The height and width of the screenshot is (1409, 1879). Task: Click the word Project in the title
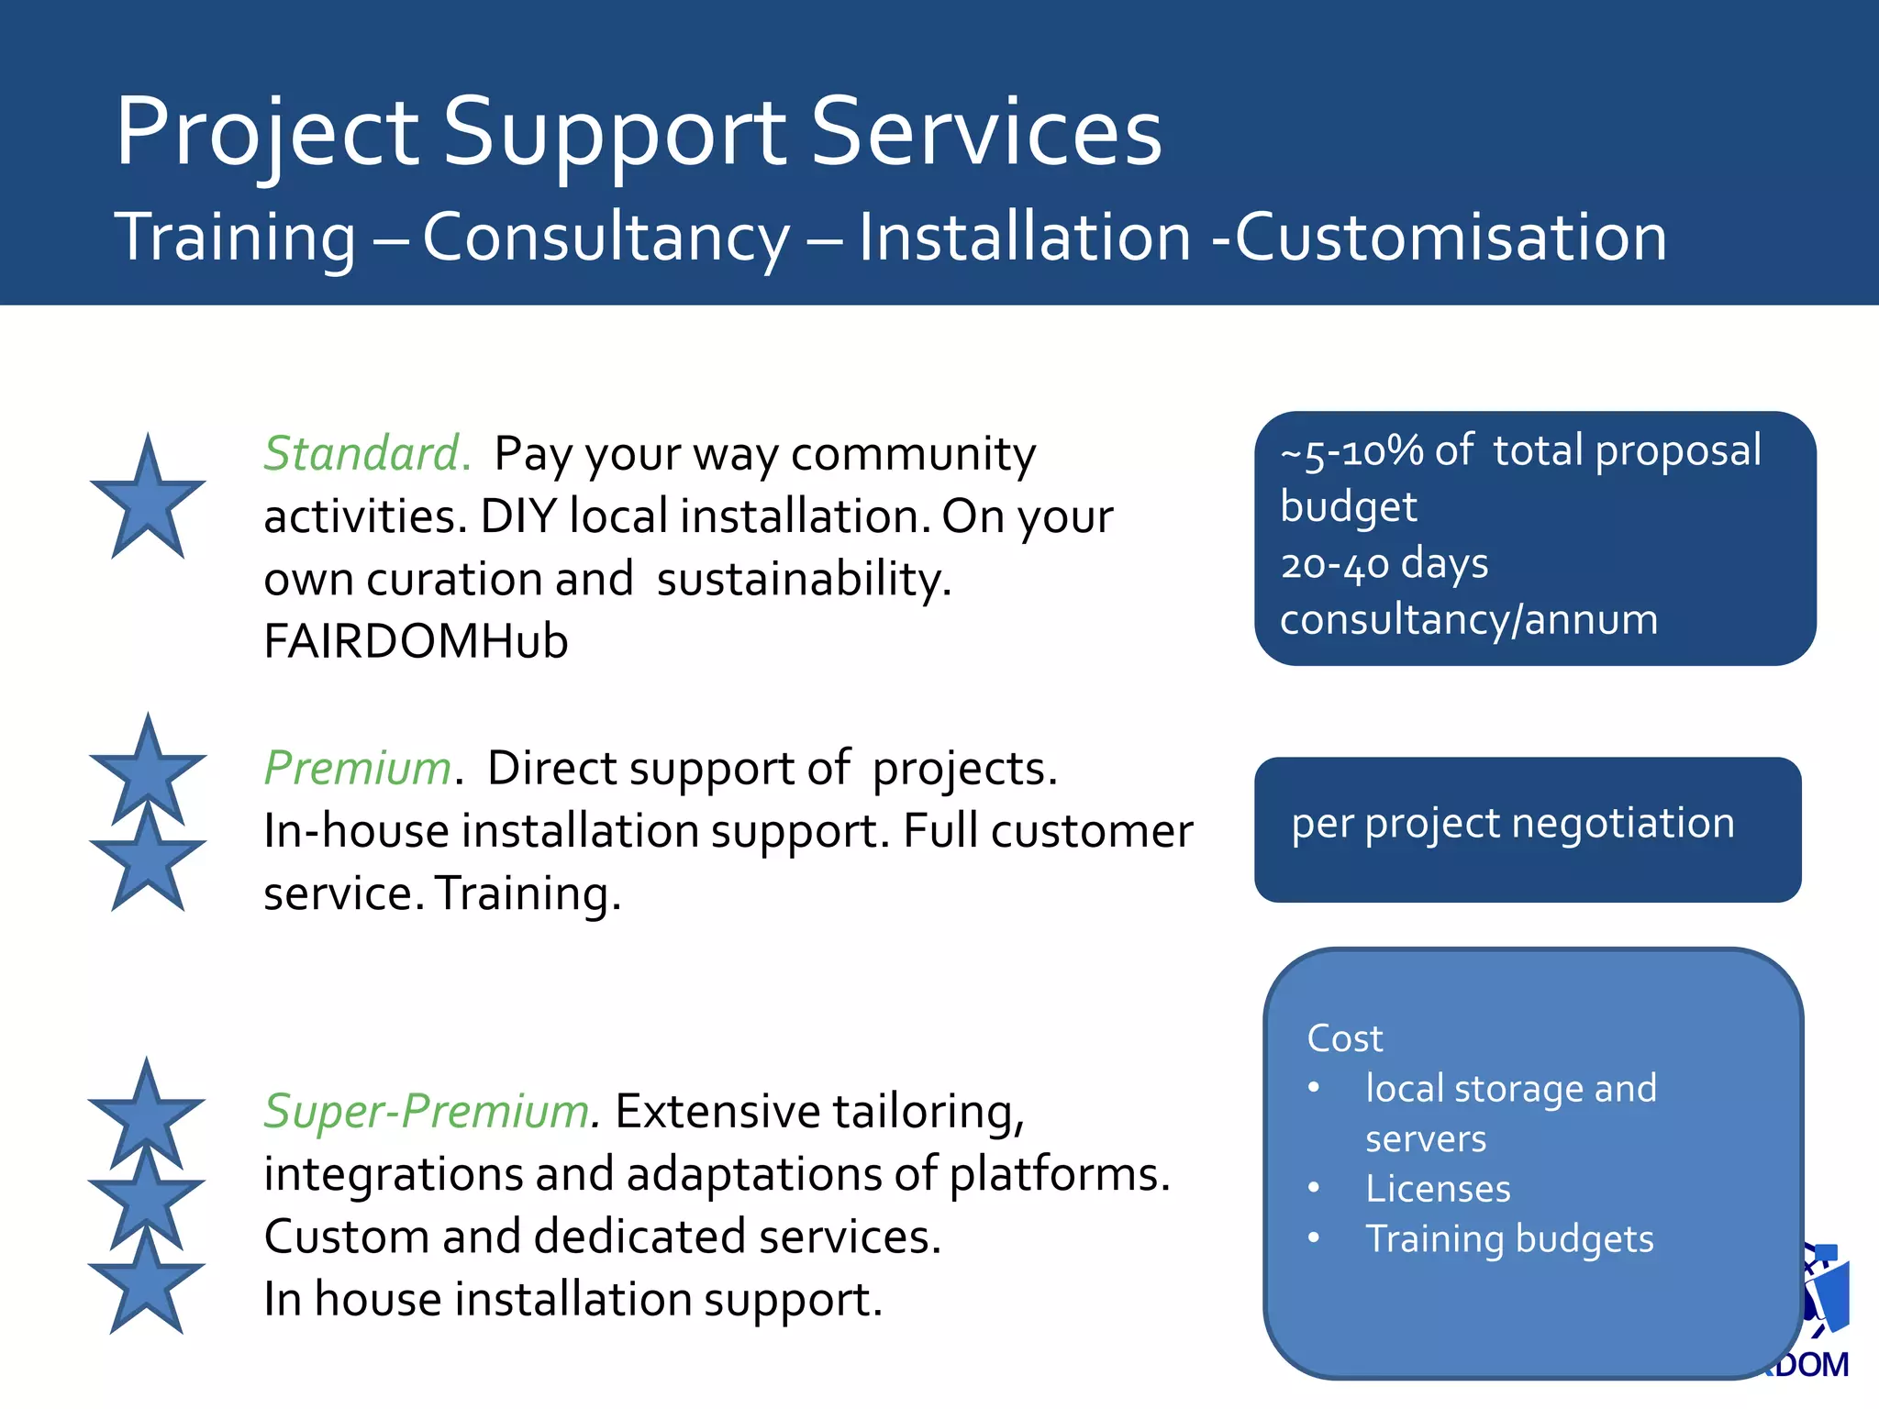(x=266, y=133)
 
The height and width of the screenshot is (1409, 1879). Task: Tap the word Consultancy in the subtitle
(x=606, y=237)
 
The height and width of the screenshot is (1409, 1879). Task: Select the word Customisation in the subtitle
(x=1451, y=237)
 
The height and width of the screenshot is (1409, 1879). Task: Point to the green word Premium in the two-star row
(x=358, y=768)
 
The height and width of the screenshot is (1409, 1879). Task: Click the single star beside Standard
(x=147, y=500)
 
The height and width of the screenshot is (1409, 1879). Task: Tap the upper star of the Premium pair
(x=147, y=771)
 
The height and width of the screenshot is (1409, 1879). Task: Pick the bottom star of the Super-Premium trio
(x=147, y=1284)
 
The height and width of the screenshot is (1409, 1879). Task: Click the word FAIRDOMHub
(x=416, y=641)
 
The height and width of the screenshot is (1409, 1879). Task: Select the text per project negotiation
(x=1512, y=823)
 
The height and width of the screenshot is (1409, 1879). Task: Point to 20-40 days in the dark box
(x=1384, y=563)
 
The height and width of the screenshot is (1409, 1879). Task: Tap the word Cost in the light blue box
(x=1344, y=1038)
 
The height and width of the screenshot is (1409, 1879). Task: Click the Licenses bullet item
(x=1437, y=1189)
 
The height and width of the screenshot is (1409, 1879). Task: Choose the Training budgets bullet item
(x=1508, y=1238)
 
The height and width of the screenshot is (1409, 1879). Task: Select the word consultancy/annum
(x=1468, y=620)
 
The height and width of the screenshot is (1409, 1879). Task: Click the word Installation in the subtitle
(x=1024, y=237)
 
